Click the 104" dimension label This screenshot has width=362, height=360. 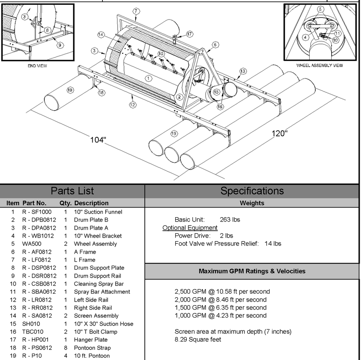coord(98,140)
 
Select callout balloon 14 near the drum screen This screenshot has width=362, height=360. coord(101,35)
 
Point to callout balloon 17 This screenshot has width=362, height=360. coord(189,34)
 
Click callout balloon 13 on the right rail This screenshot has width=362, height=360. coord(243,71)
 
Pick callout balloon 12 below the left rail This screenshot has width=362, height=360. coord(133,105)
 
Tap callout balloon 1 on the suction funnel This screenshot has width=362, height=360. coord(148,78)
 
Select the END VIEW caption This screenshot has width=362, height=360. coord(38,66)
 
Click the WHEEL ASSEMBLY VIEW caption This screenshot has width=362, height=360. coord(319,66)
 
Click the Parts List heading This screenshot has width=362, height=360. coord(72,191)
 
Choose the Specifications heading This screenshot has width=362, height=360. coord(252,191)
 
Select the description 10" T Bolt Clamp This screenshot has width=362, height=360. coord(96,332)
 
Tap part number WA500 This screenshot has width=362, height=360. coord(32,244)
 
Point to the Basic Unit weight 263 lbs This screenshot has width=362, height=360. coord(230,220)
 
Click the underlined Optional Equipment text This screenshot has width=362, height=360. coord(190,228)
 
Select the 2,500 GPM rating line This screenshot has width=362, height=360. coord(222,292)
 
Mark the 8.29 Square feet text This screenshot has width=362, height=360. coord(198,340)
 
